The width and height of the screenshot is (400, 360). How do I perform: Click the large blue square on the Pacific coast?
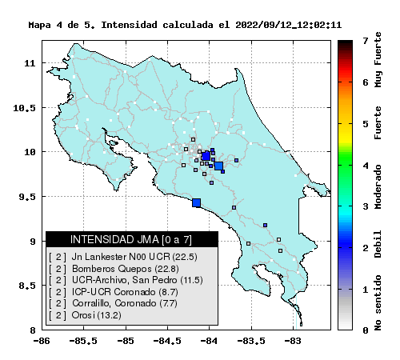pos(197,202)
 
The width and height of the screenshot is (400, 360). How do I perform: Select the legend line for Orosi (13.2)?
pos(85,315)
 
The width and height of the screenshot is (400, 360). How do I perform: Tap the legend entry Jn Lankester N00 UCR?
pos(123,257)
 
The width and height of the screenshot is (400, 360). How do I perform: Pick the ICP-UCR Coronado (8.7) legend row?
pos(114,292)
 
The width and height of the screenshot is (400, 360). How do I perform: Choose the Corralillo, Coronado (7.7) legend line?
pos(113,303)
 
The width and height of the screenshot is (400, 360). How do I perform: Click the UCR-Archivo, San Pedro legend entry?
pos(126,280)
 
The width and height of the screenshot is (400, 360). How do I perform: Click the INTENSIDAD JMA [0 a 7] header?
pos(131,239)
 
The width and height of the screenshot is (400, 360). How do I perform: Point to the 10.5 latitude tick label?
pos(24,108)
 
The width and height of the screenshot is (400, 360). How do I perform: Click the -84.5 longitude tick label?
pos(167,341)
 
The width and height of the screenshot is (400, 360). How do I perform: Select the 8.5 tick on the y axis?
pos(27,286)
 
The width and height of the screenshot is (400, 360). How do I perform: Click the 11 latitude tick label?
pos(30,63)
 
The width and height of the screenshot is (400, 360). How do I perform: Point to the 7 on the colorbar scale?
pos(366,41)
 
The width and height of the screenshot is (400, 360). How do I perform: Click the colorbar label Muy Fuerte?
pos(378,59)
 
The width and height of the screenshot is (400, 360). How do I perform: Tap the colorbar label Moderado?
pos(378,186)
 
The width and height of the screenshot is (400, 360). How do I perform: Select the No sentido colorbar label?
pos(378,302)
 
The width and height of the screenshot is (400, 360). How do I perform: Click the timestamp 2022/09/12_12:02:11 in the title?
pos(289,25)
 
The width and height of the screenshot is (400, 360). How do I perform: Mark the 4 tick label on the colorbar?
pos(366,166)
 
